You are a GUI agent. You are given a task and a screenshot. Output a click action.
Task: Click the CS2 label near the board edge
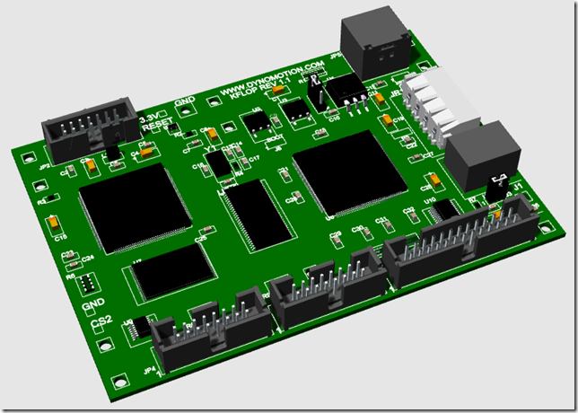(102, 321)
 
